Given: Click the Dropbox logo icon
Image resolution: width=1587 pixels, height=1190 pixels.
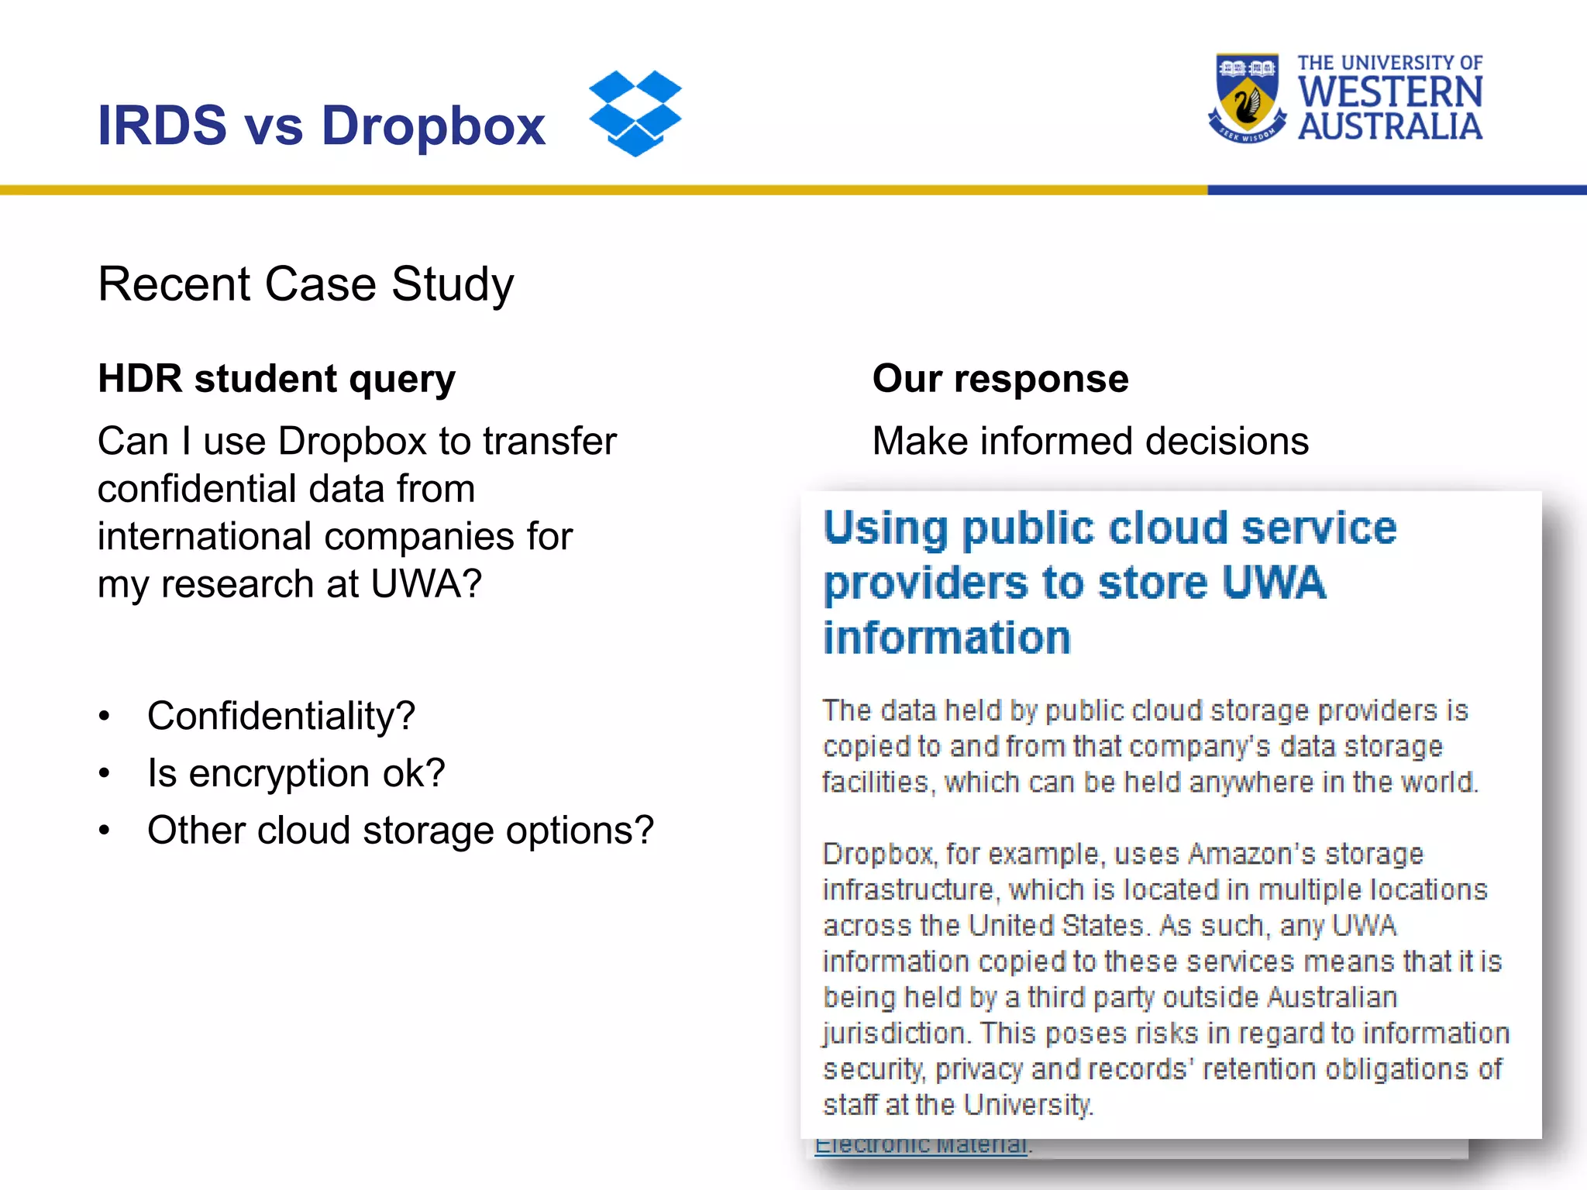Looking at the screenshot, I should (x=635, y=113).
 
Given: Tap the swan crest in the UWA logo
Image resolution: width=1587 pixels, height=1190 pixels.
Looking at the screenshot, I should (x=1247, y=99).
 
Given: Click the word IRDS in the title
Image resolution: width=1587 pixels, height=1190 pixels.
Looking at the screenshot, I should (x=162, y=126).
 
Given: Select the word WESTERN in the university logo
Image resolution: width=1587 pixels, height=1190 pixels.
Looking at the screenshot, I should (x=1390, y=92).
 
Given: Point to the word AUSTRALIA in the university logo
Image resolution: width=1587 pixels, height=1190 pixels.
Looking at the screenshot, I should (x=1390, y=127).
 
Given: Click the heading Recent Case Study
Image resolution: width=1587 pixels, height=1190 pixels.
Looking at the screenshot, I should (x=305, y=284).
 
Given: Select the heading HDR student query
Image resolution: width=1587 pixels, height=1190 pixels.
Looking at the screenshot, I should (x=277, y=379).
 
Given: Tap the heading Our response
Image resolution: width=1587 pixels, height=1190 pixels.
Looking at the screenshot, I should (x=1000, y=379).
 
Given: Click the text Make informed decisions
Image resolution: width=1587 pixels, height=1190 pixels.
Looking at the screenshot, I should (x=1090, y=442).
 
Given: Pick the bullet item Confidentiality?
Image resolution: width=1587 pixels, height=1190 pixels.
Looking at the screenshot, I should (x=281, y=716).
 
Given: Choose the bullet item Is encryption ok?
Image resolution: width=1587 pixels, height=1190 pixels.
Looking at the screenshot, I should (x=296, y=773).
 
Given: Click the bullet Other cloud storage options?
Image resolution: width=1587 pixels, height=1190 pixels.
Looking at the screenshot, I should (x=401, y=831).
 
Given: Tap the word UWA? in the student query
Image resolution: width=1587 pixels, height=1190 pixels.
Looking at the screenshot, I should (x=426, y=584).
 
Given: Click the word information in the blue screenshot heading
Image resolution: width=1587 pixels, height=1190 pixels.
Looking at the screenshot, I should (x=946, y=638).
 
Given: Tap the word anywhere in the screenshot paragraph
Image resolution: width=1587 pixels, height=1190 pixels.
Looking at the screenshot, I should (x=1251, y=782).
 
